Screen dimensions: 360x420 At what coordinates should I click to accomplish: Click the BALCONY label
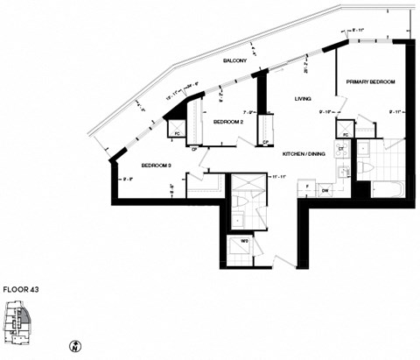point(234,60)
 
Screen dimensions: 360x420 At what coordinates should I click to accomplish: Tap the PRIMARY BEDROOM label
point(369,81)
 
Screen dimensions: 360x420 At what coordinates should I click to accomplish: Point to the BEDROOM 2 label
point(228,123)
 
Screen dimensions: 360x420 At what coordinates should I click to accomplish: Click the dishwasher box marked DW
point(325,188)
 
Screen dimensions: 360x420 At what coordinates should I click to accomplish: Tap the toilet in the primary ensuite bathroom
point(370,166)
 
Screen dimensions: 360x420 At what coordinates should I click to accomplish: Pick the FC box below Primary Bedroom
point(346,134)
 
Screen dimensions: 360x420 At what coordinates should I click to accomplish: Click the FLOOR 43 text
point(21,287)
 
